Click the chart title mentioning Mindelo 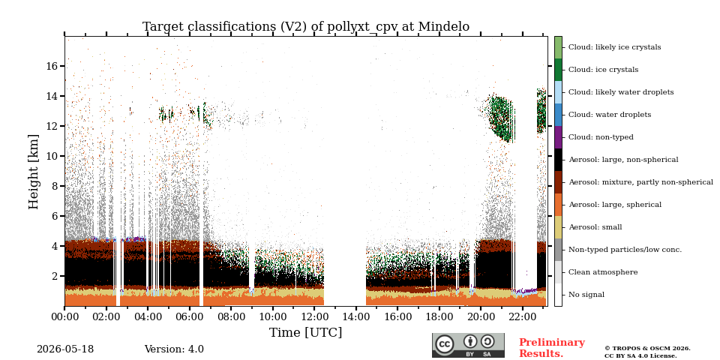306,27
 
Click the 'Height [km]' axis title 34,172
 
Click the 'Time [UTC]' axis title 306,332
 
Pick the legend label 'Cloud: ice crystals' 603,70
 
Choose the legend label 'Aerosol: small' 595,227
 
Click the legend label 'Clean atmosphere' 603,272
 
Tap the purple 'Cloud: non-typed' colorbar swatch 558,137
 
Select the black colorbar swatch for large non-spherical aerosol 558,160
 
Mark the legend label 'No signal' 586,295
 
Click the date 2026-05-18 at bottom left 65,349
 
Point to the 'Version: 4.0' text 174,349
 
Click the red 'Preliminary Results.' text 552,347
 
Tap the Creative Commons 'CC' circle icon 445,344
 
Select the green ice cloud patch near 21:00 500,118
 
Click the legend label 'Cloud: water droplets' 610,115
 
